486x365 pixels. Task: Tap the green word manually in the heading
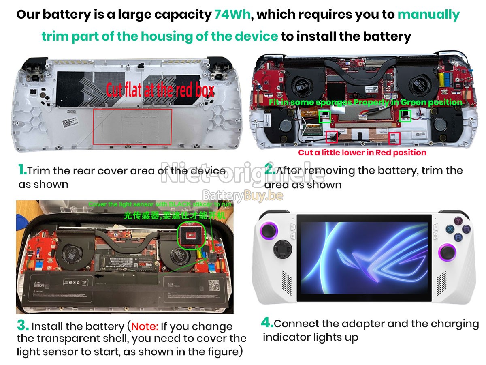click(x=428, y=15)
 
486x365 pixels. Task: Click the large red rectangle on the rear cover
click(x=132, y=126)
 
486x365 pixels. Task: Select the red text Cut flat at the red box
click(x=160, y=90)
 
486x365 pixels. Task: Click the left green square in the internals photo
click(x=324, y=116)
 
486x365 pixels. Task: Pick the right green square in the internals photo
click(x=405, y=116)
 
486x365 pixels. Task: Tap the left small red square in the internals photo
click(x=332, y=137)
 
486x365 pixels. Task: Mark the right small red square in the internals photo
click(x=394, y=138)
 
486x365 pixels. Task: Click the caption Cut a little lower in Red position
click(x=362, y=153)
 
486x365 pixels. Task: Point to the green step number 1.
click(x=22, y=170)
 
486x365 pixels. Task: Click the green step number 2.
click(x=269, y=170)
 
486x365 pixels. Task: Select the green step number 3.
click(x=23, y=326)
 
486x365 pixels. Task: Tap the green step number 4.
click(x=267, y=323)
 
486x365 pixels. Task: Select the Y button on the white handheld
click(x=458, y=221)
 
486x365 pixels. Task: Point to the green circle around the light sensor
click(x=192, y=236)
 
